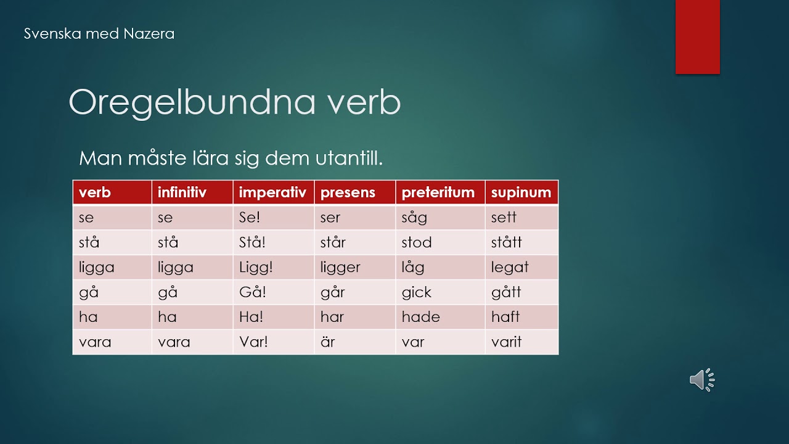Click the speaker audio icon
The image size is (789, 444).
pos(702,380)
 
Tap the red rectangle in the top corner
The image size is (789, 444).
pos(697,36)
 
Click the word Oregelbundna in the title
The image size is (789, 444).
pos(192,102)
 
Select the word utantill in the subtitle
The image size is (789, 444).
pos(349,158)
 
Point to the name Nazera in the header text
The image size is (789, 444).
pos(149,34)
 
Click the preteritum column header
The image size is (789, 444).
pos(440,192)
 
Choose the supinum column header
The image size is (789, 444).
pos(521,192)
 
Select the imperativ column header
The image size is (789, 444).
pos(273,192)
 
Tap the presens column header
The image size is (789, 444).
pos(354,192)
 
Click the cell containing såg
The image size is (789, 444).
pos(440,218)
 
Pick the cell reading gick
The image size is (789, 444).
pos(440,292)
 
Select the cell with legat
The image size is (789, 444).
pos(521,267)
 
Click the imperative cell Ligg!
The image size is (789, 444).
pos(273,267)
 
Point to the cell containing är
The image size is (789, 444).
pos(354,342)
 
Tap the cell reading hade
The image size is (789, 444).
pos(440,317)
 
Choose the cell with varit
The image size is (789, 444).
pos(521,342)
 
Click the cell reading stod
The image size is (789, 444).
pos(440,242)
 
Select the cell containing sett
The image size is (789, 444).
pos(521,218)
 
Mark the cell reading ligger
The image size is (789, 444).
pos(354,267)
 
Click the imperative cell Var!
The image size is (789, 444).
pos(273,342)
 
